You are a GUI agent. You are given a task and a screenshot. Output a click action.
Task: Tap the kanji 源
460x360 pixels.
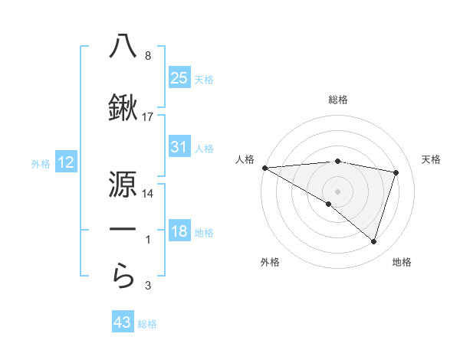tap(123, 183)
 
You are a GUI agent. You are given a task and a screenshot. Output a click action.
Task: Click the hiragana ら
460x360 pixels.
tap(123, 276)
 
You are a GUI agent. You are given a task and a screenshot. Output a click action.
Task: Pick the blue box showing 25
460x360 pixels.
tap(179, 78)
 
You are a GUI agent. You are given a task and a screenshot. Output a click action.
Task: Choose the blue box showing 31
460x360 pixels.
tap(179, 147)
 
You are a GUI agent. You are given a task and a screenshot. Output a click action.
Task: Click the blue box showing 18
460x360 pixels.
tap(179, 231)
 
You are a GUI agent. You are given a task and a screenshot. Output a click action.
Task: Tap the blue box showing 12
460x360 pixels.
tap(65, 162)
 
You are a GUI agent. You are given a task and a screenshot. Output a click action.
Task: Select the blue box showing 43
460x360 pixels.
tap(123, 322)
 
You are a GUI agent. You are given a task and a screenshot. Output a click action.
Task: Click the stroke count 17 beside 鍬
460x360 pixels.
tap(148, 117)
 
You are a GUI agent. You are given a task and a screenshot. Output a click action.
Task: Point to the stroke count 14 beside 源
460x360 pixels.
tap(148, 194)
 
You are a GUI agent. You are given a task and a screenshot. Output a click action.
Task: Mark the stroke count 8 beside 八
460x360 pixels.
tap(148, 56)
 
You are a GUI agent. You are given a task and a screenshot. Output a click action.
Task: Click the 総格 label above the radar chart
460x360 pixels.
tap(338, 100)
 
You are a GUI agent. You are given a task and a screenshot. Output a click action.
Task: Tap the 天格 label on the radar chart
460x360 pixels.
tap(432, 159)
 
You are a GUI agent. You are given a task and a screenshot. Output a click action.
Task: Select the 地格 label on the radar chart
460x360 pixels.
tap(402, 262)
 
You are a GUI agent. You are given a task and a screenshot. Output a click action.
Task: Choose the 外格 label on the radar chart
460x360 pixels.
tap(270, 262)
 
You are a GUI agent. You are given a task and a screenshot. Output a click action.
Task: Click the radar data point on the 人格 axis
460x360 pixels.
tap(264, 167)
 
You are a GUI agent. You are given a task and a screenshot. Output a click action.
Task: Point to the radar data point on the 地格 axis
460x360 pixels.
tap(373, 242)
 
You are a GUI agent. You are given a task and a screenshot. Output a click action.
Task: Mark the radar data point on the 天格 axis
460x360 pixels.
tap(396, 172)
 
